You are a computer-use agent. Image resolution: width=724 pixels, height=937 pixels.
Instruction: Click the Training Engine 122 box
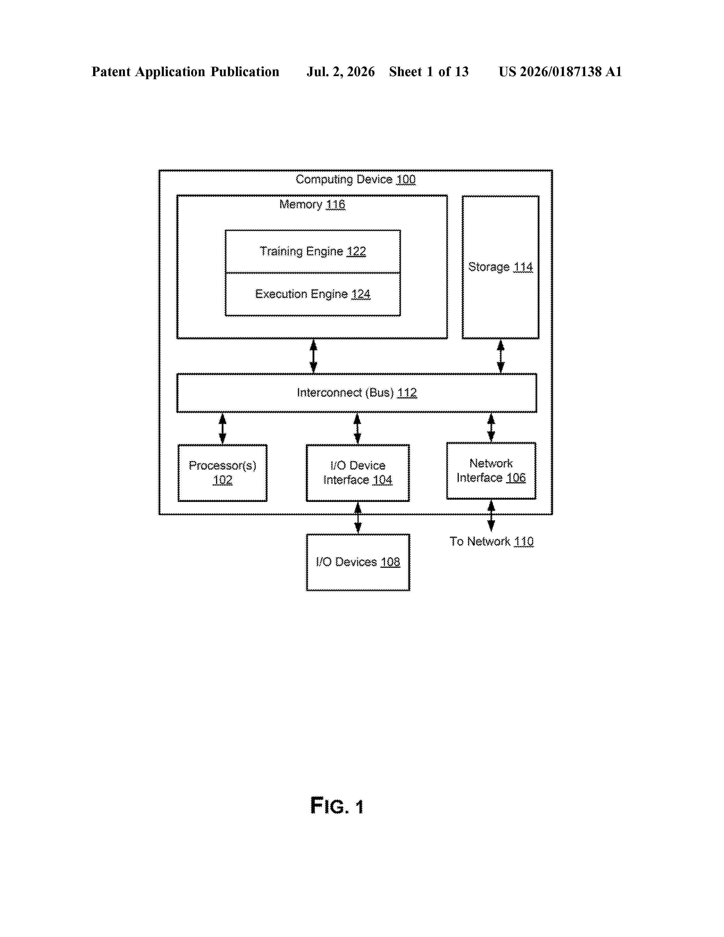313,251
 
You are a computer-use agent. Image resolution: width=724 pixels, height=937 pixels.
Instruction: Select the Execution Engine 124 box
313,294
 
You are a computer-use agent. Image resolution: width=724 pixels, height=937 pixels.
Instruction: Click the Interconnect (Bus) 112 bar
356,393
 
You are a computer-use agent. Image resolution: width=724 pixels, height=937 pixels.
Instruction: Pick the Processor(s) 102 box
222,473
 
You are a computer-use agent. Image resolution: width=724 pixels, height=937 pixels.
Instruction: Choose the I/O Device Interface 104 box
358,473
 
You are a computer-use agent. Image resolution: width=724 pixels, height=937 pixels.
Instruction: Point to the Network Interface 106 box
491,471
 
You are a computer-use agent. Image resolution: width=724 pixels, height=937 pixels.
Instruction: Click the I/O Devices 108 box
358,562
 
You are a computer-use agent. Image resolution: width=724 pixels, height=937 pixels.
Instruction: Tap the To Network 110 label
491,541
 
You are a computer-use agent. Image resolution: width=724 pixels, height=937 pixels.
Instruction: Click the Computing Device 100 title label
355,179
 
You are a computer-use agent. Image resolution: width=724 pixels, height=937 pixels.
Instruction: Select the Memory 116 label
312,204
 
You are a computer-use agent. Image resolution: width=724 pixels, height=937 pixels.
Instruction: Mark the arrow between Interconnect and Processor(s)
222,428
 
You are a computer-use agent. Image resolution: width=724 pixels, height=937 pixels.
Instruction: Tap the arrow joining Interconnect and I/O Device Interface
357,428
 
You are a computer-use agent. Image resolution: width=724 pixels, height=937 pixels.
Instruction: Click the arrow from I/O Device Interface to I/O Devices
358,518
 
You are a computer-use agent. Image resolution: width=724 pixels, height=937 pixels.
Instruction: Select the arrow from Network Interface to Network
491,516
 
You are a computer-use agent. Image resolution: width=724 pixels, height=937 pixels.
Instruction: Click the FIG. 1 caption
337,806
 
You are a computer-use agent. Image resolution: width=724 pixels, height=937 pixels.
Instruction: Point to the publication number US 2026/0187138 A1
560,72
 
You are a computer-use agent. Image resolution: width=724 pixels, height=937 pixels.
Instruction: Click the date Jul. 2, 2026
340,72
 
